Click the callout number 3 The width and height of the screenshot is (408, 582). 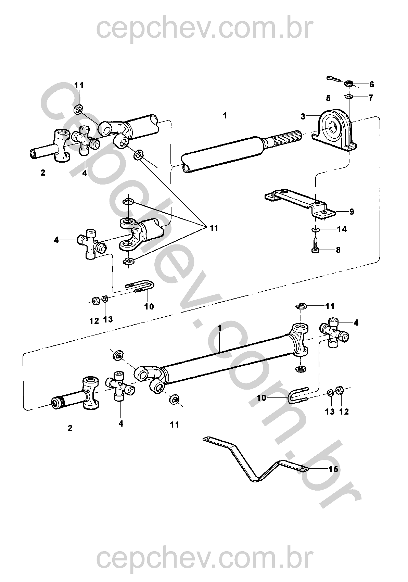tap(303, 117)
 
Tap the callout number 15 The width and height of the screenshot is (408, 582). tap(333, 469)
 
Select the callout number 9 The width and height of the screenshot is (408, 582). tap(352, 212)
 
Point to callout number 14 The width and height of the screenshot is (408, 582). tap(342, 229)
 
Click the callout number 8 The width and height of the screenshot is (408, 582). tap(338, 250)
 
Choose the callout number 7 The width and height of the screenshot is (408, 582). tap(371, 98)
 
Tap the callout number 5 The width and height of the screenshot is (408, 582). tap(328, 99)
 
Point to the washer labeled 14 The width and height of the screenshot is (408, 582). tap(315, 229)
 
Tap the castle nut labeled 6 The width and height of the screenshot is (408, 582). tap(348, 83)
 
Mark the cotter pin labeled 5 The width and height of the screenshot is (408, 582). tap(333, 79)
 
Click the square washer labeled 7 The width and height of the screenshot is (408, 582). tap(348, 97)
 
